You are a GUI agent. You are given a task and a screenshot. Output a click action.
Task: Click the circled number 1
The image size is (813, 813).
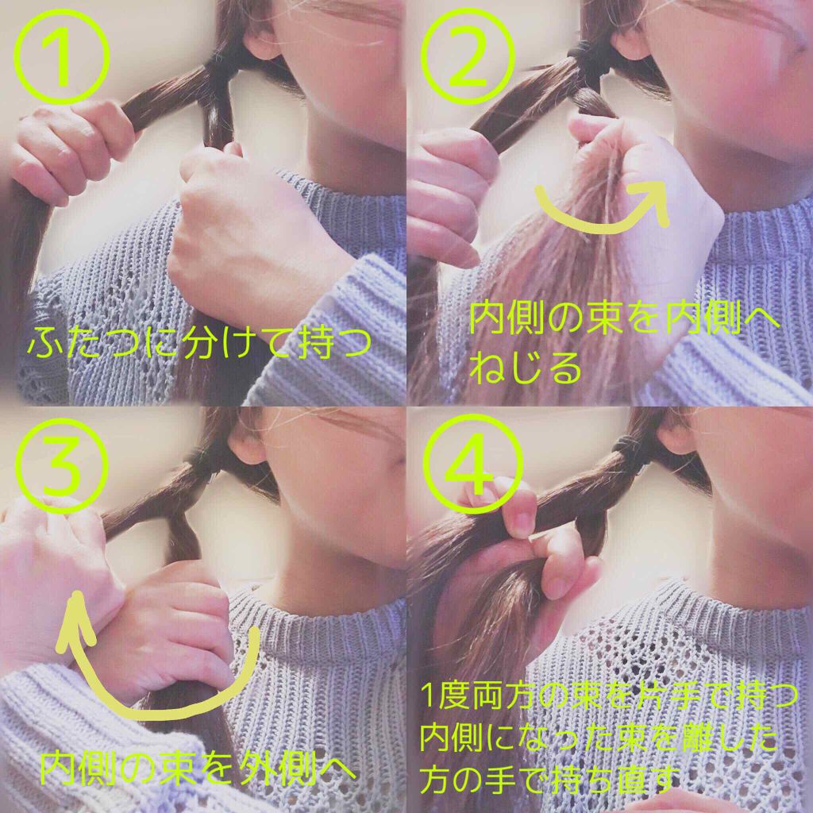[62, 57]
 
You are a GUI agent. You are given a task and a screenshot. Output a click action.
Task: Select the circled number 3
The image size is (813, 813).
[62, 464]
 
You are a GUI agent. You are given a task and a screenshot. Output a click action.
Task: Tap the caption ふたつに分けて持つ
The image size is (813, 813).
[199, 343]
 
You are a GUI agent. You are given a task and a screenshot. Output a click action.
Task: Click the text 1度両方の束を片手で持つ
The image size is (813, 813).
[609, 695]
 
